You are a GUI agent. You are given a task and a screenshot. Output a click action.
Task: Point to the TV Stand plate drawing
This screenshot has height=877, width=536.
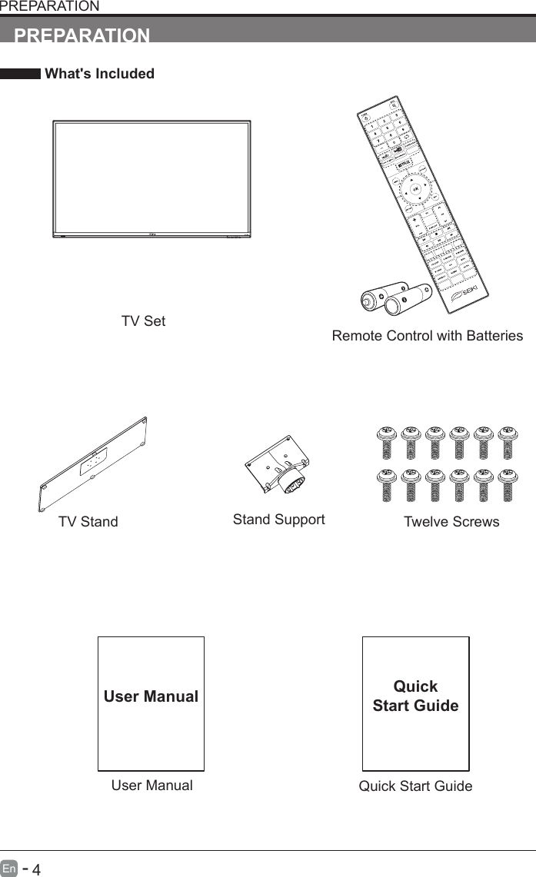94,466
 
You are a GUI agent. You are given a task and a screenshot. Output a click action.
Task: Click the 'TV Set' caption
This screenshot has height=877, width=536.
143,321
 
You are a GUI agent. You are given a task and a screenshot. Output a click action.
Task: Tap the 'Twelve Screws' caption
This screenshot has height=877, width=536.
451,522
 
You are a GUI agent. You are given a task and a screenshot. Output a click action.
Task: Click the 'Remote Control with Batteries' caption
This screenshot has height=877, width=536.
427,336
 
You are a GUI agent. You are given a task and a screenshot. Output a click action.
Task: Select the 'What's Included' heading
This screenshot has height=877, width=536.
99,74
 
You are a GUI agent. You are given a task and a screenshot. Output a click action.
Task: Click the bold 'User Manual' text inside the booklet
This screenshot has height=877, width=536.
151,696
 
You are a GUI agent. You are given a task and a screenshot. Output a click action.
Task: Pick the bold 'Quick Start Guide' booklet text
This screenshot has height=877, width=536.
415,696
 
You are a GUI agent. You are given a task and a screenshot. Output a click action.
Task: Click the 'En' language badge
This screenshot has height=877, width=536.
9,869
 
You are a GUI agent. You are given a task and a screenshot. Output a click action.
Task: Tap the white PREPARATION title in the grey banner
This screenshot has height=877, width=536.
82,35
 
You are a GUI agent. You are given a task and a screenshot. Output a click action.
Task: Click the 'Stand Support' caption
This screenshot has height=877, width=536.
278,520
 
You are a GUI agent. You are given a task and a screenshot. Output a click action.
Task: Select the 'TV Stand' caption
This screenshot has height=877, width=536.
88,522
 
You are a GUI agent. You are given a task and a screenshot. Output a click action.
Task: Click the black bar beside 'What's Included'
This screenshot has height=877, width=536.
20,74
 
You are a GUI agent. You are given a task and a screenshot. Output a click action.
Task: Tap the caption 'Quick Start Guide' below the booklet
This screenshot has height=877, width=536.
415,786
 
